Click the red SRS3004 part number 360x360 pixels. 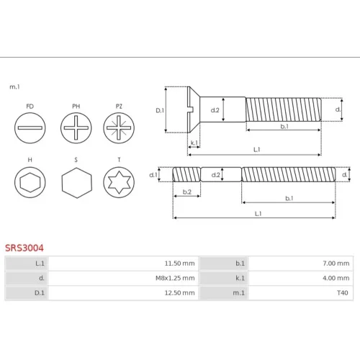24,248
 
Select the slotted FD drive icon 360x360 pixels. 30,128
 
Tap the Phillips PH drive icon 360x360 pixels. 76,128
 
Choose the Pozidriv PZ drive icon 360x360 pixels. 119,128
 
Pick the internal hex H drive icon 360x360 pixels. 30,182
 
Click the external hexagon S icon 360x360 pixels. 77,183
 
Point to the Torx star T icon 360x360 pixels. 119,182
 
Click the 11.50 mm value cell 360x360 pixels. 123,264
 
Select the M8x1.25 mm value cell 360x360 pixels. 123,278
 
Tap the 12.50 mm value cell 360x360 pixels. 123,293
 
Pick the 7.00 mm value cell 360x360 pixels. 300,264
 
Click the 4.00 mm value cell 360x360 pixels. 300,278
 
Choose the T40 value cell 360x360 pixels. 300,293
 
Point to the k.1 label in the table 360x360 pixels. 240,278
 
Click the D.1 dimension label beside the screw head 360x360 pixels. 160,110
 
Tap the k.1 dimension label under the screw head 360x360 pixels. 194,143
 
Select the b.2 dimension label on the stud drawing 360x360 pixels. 187,192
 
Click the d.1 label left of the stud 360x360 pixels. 153,175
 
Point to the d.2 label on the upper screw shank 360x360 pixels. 215,110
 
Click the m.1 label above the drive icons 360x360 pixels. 14,87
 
